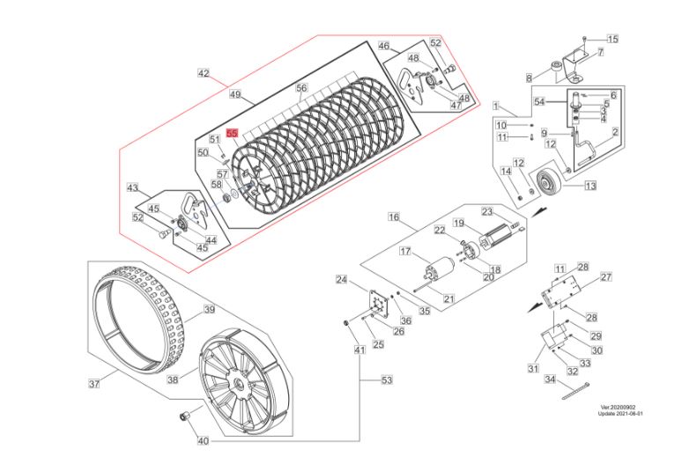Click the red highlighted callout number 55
coord(233,134)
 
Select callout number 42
coord(204,74)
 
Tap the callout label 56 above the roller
coord(300,89)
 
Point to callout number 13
coord(589,186)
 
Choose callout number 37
coord(94,383)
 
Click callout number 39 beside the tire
coord(210,309)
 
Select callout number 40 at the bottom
coord(204,440)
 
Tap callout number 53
coord(386,380)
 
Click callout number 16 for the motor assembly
coord(394,217)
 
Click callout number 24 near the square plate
coord(341,280)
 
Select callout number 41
coord(359,351)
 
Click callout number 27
coord(606,277)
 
